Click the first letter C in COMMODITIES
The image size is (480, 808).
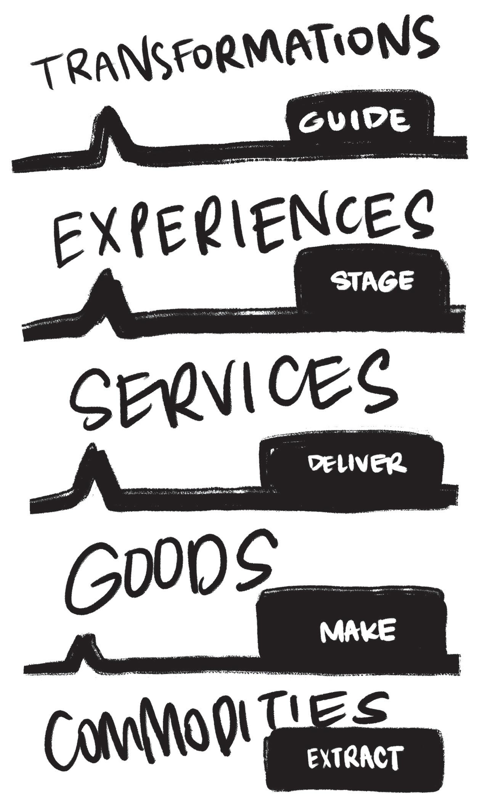(x=65, y=744)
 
